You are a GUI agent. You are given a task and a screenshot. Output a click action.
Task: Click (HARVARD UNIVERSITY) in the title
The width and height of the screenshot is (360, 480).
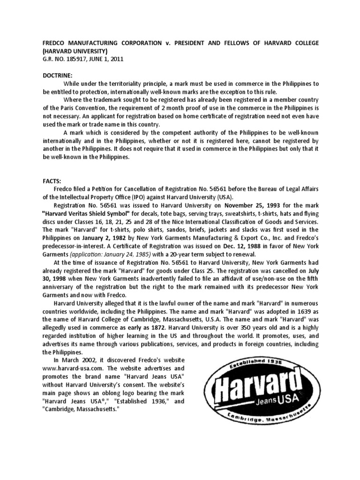[75, 51]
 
